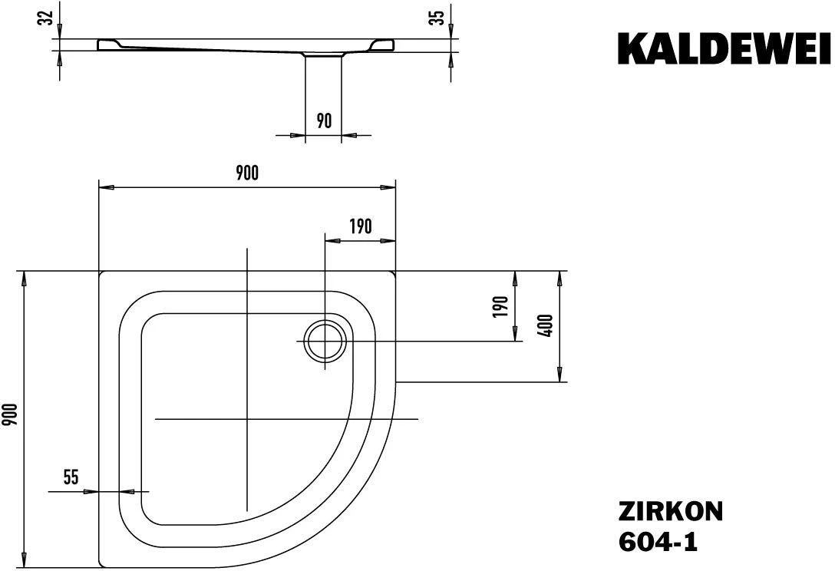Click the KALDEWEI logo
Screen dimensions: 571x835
(x=724, y=48)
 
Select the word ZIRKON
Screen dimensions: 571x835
(x=670, y=512)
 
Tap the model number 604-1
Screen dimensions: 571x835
(x=658, y=542)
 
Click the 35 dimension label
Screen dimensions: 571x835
(x=437, y=18)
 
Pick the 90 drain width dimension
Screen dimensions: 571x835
(x=324, y=120)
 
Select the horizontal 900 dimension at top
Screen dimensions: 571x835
(x=246, y=173)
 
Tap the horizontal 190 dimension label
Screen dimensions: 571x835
(x=360, y=226)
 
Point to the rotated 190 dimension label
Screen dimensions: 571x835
(x=501, y=307)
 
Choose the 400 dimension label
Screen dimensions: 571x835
(x=546, y=326)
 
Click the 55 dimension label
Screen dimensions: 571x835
(x=71, y=477)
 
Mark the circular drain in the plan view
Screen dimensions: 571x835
(x=325, y=341)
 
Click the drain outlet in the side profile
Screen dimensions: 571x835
(x=323, y=54)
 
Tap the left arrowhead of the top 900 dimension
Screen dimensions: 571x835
(x=108, y=187)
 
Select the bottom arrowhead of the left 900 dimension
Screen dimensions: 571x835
(x=25, y=559)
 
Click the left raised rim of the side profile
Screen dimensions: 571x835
(x=110, y=45)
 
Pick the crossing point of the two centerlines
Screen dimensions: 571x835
(x=247, y=419)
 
